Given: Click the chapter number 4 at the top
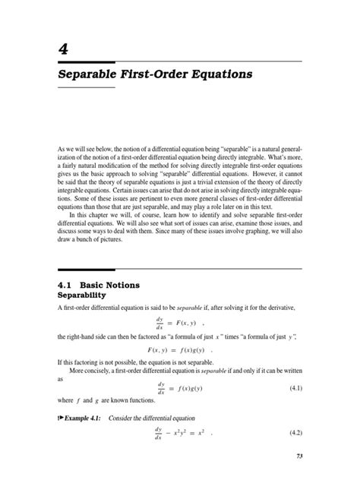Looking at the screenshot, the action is pyautogui.click(x=63, y=49).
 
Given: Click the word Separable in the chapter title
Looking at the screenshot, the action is pyautogui.click(x=90, y=75).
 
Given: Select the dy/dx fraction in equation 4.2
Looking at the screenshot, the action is pyautogui.click(x=160, y=435).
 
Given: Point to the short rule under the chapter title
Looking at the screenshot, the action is pyautogui.click(x=87, y=88).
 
